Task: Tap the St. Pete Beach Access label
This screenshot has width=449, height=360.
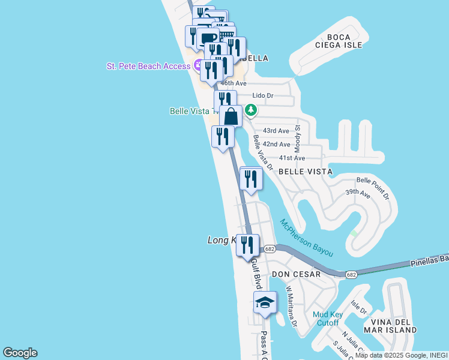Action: pyautogui.click(x=148, y=66)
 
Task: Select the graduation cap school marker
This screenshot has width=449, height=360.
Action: pyautogui.click(x=265, y=304)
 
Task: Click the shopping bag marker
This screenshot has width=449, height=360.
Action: pyautogui.click(x=231, y=116)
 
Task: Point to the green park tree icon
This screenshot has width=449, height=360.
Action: pyautogui.click(x=252, y=110)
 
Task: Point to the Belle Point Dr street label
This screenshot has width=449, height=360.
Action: pyautogui.click(x=373, y=188)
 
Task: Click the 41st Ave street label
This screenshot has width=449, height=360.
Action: pyautogui.click(x=292, y=158)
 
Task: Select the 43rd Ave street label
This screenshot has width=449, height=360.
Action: pyautogui.click(x=276, y=131)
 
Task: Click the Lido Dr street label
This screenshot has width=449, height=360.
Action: pyautogui.click(x=262, y=95)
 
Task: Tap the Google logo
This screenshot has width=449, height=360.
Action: pyautogui.click(x=20, y=353)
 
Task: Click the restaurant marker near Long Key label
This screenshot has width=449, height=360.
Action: pyautogui.click(x=247, y=245)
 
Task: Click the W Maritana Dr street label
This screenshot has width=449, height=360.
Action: pyautogui.click(x=291, y=307)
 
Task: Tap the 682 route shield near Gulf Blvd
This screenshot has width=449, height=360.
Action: pyautogui.click(x=270, y=248)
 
